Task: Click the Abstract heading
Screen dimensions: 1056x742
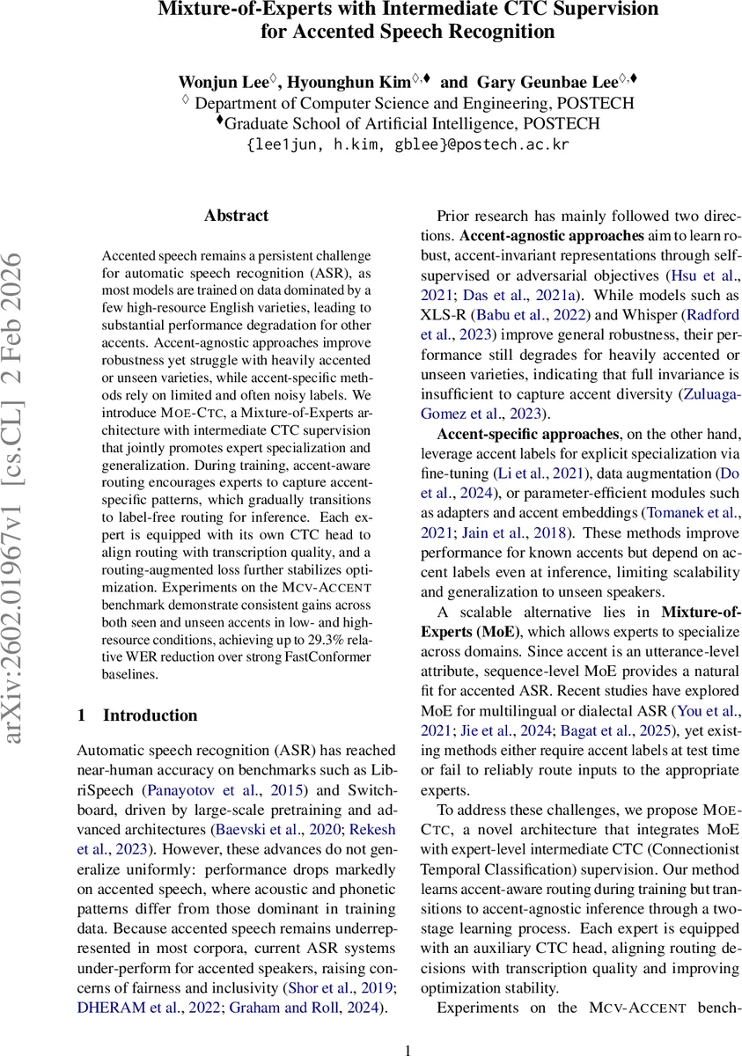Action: click(x=236, y=216)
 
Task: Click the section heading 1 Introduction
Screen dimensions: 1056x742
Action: click(x=137, y=715)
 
